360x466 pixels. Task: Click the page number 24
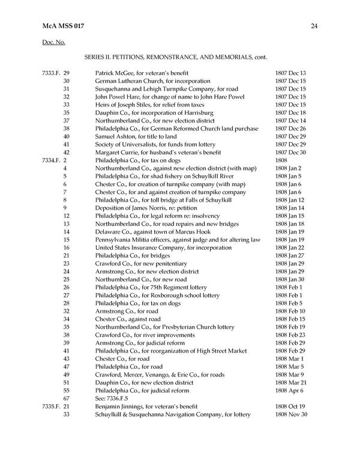click(x=314, y=25)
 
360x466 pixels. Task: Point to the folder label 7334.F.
click(x=51, y=161)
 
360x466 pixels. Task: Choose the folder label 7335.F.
click(x=51, y=407)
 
